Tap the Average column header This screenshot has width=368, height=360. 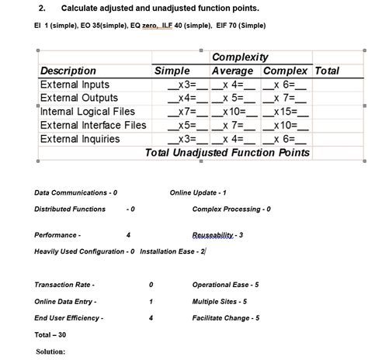(232, 71)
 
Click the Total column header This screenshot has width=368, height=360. (327, 71)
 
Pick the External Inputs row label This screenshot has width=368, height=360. (75, 84)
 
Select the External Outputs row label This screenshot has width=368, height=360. (78, 98)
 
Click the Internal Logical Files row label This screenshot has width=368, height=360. (87, 112)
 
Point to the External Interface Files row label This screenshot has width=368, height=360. (92, 125)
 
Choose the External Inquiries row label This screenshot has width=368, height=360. (80, 139)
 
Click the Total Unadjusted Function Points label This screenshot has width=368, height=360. (227, 152)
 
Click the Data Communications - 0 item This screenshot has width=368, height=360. (76, 192)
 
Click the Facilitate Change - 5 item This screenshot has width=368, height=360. (226, 318)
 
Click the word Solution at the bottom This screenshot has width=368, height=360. (50, 351)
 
